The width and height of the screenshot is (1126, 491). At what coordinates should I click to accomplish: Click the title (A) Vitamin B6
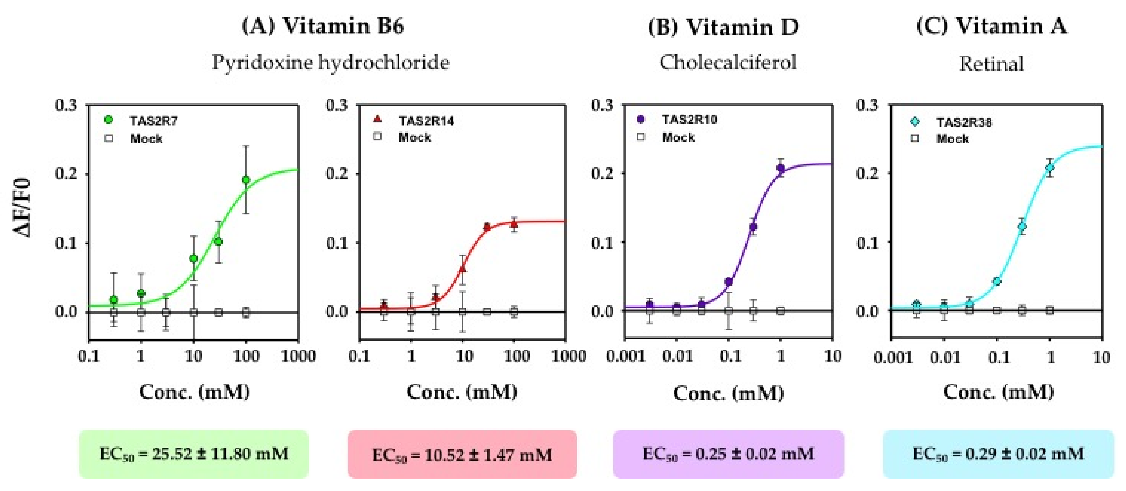point(323,26)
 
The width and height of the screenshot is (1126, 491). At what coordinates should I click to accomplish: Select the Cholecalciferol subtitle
point(728,62)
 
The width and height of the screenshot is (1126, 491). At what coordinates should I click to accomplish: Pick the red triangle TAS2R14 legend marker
point(377,119)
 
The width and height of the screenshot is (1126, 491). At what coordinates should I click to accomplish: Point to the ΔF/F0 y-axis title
point(23,207)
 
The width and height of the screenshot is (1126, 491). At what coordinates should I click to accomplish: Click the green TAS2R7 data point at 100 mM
point(246,180)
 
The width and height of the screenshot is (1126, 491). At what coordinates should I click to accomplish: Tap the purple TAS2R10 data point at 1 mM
point(781,168)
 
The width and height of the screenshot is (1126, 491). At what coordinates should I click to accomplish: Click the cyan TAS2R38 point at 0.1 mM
point(997,281)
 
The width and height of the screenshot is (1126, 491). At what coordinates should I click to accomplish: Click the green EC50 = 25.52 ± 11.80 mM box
point(194,454)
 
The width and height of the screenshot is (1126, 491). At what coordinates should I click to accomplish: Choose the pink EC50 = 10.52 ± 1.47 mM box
point(462,455)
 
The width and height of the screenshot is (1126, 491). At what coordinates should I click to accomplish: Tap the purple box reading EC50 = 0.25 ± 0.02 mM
point(728,454)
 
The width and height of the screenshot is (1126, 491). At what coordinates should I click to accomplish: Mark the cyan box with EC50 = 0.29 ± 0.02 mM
point(998,454)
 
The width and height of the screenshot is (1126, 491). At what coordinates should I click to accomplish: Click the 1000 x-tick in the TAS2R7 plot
point(298,356)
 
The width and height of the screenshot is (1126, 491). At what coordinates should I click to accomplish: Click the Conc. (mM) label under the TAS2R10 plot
point(728,393)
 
